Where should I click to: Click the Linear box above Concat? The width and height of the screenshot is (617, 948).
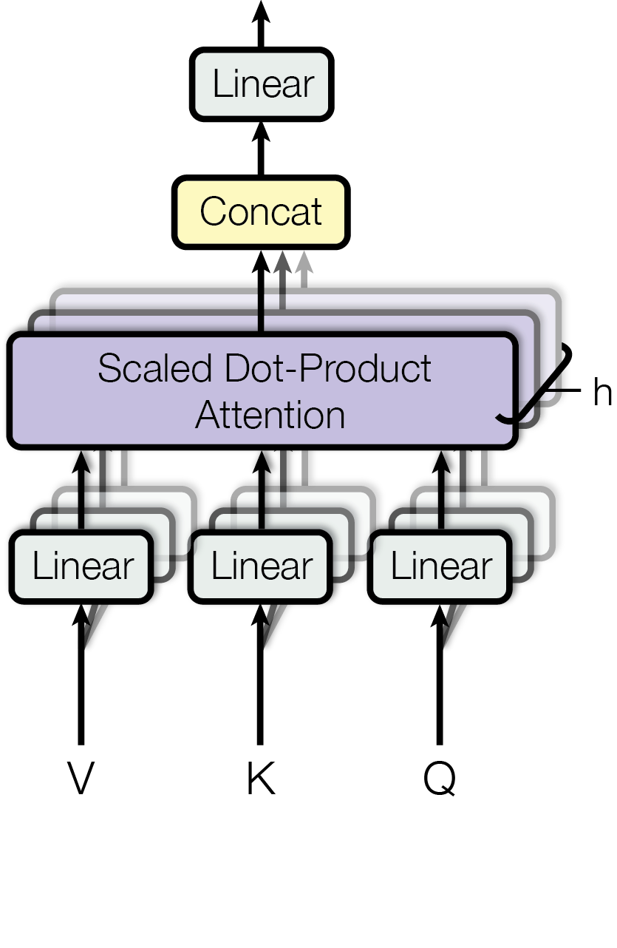click(261, 84)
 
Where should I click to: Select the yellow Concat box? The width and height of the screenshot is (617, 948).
click(260, 212)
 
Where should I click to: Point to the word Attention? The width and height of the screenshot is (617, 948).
click(270, 415)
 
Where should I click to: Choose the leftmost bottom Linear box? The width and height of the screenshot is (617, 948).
click(81, 566)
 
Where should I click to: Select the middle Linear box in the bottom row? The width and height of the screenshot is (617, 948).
click(260, 566)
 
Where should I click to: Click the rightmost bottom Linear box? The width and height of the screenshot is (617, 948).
click(440, 566)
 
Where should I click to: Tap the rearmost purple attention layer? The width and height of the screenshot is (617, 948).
click(414, 302)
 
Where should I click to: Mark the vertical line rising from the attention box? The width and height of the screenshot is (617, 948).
click(261, 314)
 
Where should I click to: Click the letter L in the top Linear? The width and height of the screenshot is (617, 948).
click(219, 84)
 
